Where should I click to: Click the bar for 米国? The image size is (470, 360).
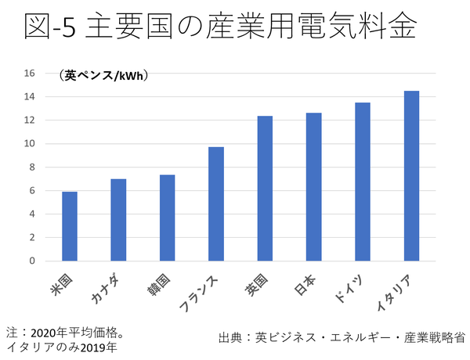(x=70, y=226)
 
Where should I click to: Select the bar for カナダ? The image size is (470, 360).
(x=118, y=220)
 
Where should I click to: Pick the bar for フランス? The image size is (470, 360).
(x=216, y=203)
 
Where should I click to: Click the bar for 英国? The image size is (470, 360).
(x=265, y=189)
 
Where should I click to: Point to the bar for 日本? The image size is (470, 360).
(x=313, y=187)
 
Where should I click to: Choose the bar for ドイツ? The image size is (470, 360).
(x=363, y=182)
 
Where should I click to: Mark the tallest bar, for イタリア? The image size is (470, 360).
(x=411, y=176)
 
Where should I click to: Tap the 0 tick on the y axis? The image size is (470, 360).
(x=32, y=261)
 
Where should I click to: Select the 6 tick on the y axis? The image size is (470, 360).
(x=32, y=190)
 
